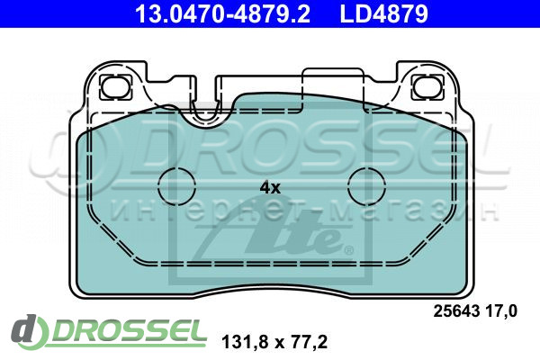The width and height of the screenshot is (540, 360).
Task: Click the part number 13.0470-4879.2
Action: (x=223, y=13)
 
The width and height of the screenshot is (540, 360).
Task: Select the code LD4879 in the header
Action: (x=384, y=13)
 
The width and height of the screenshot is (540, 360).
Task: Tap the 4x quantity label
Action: (x=270, y=188)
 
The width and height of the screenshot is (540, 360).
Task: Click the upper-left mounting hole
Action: (x=116, y=86)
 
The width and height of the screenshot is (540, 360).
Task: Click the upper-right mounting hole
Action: (x=427, y=86)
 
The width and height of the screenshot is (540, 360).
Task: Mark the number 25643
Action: (x=456, y=311)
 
